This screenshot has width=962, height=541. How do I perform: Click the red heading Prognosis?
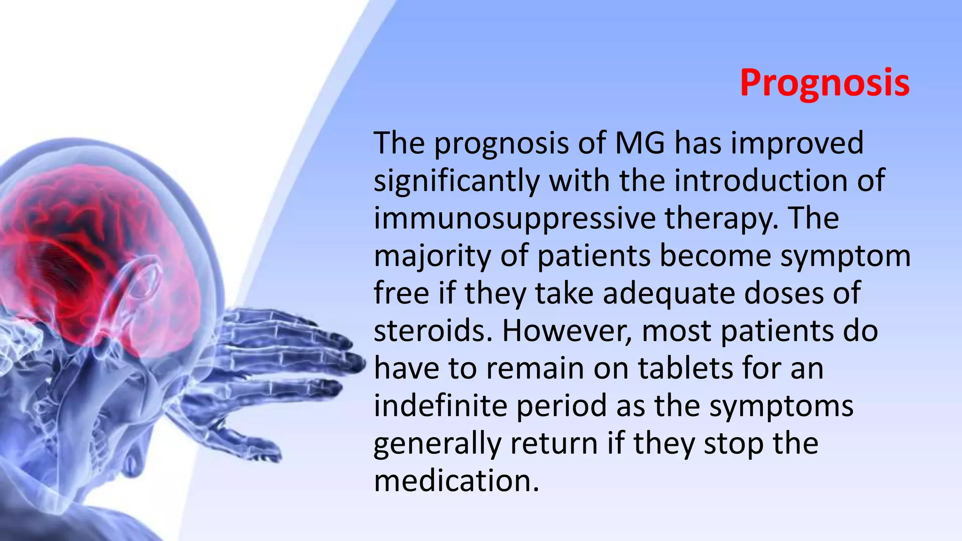pos(824,83)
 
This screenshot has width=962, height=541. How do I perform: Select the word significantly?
pos(456,181)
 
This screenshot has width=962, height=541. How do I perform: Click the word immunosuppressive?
pos(514,219)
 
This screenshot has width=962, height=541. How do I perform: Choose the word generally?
pos(437,444)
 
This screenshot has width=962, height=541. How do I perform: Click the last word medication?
pos(456,481)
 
